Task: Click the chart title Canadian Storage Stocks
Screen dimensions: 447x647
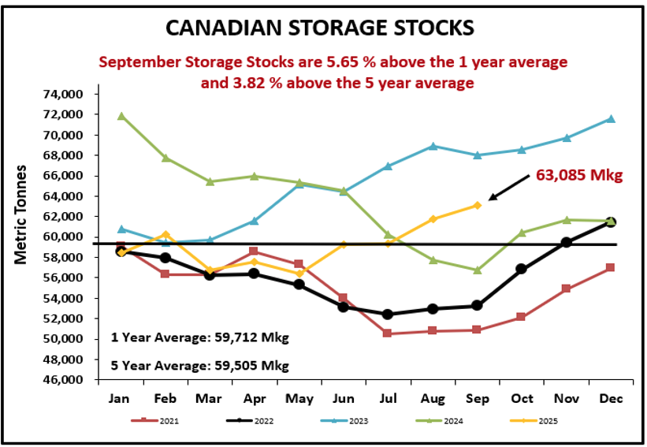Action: point(320,28)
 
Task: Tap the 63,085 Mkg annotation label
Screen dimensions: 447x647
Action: point(579,175)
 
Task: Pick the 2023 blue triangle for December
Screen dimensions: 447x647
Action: point(611,119)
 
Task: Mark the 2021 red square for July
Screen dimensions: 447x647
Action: point(387,333)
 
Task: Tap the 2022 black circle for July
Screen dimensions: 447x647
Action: point(387,315)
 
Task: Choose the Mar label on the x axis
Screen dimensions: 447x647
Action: point(210,399)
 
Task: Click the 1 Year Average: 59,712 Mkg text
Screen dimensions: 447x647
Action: point(199,338)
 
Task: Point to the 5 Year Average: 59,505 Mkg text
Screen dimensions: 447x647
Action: point(199,365)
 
